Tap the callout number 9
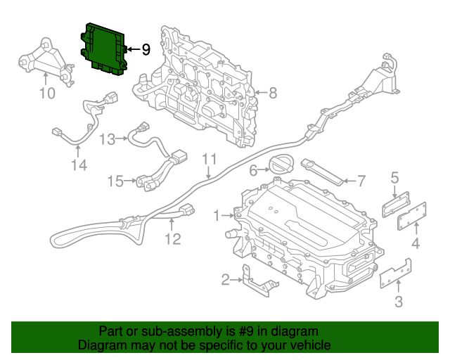pyautogui.click(x=146, y=49)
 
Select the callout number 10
pyautogui.click(x=46, y=94)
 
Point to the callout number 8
pyautogui.click(x=272, y=92)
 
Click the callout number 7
pyautogui.click(x=361, y=181)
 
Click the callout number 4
pyautogui.click(x=416, y=244)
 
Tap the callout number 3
pyautogui.click(x=399, y=302)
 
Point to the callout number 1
pyautogui.click(x=217, y=215)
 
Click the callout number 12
pyautogui.click(x=172, y=239)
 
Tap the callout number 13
pyautogui.click(x=107, y=139)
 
